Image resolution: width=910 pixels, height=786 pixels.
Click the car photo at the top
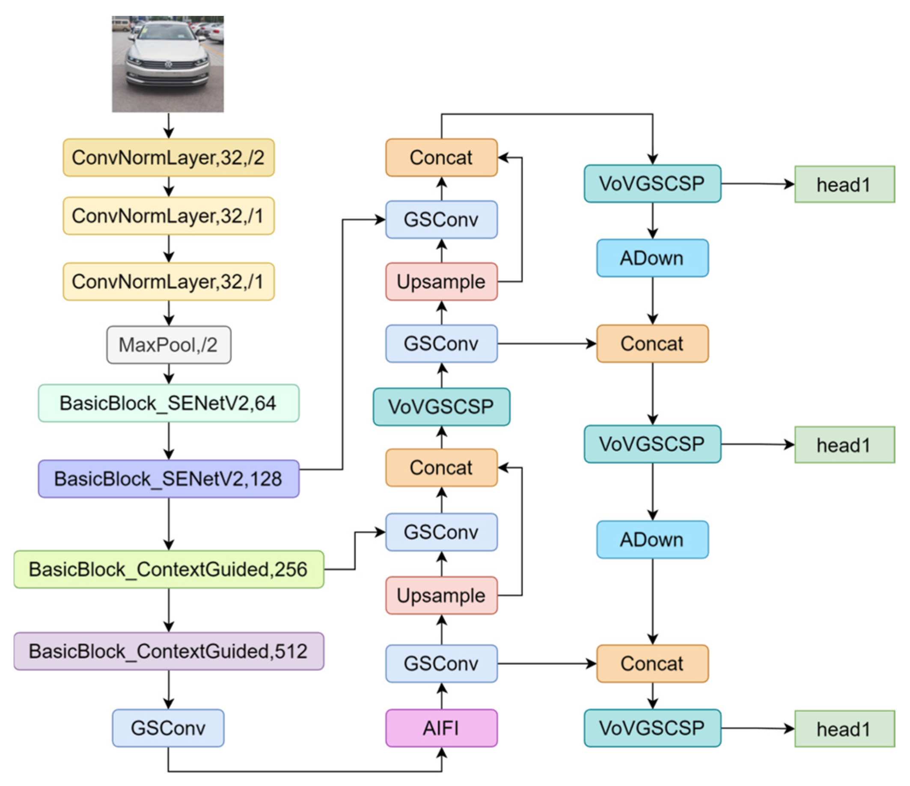[168, 64]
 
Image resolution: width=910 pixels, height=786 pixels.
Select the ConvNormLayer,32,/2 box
[169, 157]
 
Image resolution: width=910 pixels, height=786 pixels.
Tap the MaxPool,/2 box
[169, 345]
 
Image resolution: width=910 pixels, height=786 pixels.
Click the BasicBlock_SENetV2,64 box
[169, 403]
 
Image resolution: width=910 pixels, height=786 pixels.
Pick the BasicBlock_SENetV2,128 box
[169, 479]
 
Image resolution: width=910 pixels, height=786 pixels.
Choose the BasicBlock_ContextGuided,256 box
[169, 569]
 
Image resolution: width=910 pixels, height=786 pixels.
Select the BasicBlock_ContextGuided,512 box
[169, 651]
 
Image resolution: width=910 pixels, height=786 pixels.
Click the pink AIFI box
[441, 728]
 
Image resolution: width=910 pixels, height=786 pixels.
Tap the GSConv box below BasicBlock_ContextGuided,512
[168, 728]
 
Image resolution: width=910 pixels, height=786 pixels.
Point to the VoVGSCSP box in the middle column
[441, 406]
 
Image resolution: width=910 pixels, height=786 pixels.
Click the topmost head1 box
[845, 184]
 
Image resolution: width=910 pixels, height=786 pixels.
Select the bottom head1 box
[845, 729]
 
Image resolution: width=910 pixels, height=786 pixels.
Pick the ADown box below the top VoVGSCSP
[652, 258]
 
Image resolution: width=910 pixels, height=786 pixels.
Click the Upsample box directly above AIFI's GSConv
[441, 595]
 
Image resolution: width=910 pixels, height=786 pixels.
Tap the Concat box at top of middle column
[441, 157]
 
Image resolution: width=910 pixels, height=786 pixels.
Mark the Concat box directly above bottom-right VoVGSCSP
[652, 664]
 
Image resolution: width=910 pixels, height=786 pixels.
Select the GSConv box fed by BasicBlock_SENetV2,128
[441, 219]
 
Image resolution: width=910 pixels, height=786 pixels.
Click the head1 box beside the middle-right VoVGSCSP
[845, 445]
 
